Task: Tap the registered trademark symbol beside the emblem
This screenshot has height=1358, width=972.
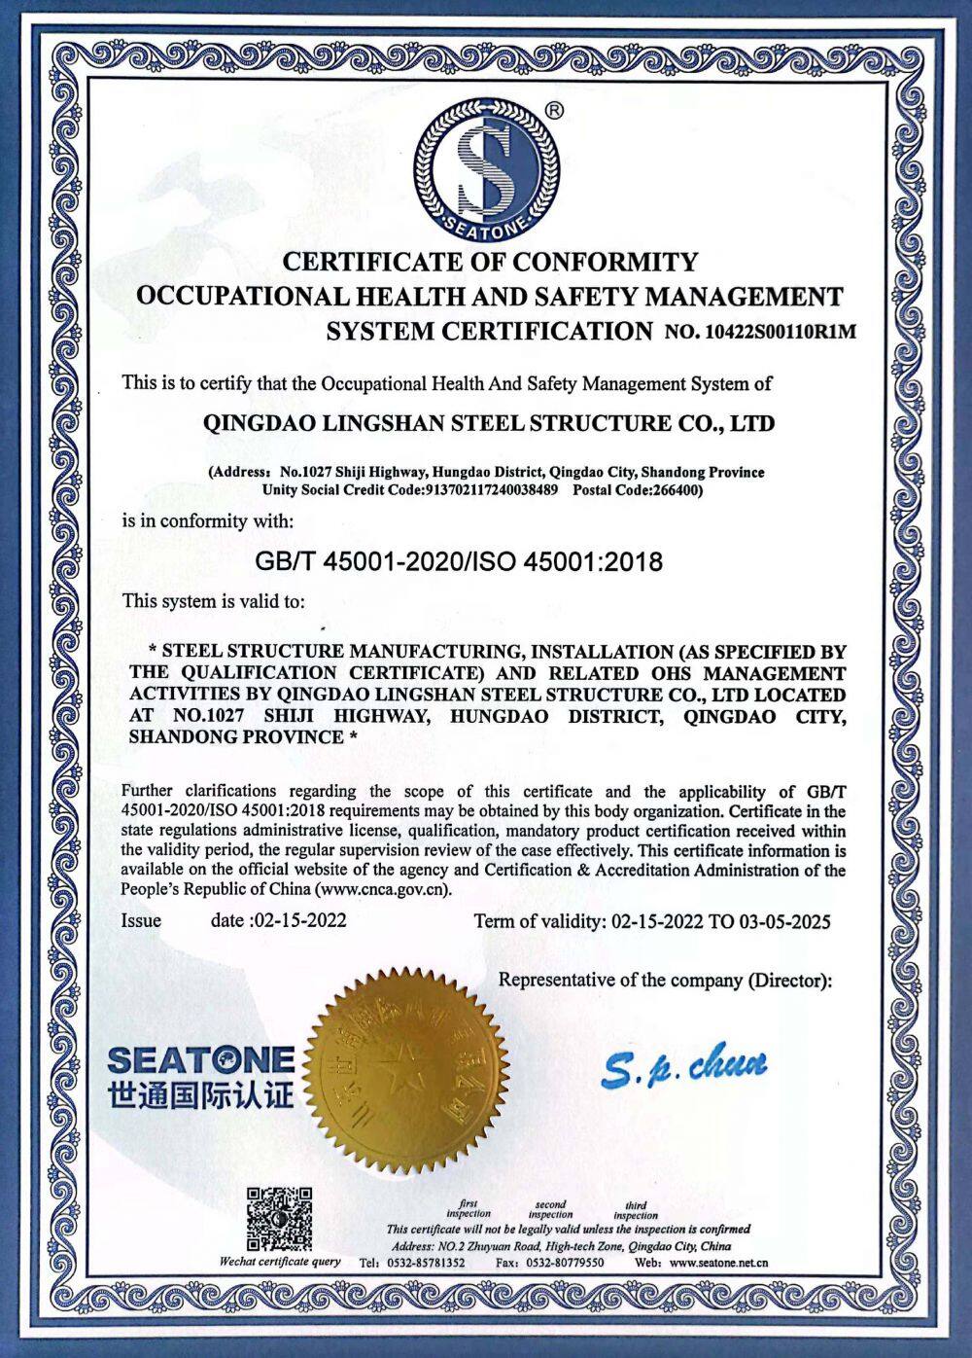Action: tap(553, 111)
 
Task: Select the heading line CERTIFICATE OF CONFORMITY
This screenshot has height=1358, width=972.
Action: tap(490, 262)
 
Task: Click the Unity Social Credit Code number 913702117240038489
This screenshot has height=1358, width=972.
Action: tap(491, 489)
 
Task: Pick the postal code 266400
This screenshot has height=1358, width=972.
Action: tap(677, 489)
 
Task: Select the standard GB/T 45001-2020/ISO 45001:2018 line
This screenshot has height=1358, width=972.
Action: tap(458, 560)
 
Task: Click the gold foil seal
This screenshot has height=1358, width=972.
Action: tap(408, 1070)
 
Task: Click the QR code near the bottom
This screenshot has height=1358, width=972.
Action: tap(279, 1219)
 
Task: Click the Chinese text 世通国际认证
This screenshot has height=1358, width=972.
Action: tap(201, 1095)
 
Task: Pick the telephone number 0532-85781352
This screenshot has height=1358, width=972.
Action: tap(426, 1263)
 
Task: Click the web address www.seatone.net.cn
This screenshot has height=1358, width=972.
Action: tap(718, 1263)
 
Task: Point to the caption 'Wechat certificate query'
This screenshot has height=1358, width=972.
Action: tap(280, 1262)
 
